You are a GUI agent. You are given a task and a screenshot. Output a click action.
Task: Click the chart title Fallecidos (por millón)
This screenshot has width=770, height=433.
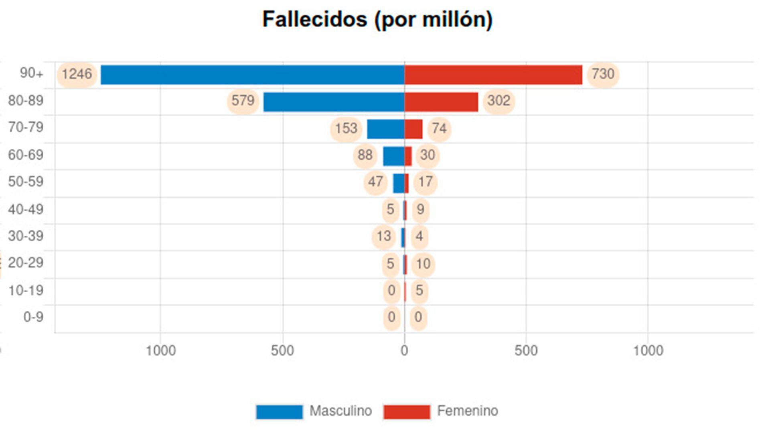pyautogui.click(x=377, y=19)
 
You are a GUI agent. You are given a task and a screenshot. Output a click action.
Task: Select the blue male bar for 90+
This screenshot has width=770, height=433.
pyautogui.click(x=253, y=75)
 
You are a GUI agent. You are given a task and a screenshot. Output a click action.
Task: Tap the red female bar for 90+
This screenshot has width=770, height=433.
pyautogui.click(x=493, y=75)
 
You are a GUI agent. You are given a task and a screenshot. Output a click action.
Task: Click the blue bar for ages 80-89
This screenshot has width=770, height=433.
pyautogui.click(x=334, y=102)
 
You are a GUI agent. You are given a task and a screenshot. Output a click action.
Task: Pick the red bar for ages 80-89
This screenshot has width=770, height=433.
pyautogui.click(x=441, y=102)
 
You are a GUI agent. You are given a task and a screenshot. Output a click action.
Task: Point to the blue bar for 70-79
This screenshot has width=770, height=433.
pyautogui.click(x=385, y=129)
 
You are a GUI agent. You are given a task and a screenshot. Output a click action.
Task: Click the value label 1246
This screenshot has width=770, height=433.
pyautogui.click(x=77, y=74)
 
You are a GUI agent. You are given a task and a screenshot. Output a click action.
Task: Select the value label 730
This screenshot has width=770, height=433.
pyautogui.click(x=603, y=74)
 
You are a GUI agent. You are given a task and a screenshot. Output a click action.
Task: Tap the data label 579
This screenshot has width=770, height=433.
pyautogui.click(x=243, y=101)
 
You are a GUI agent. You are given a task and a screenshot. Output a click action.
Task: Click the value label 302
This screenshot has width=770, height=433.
pyautogui.click(x=498, y=101)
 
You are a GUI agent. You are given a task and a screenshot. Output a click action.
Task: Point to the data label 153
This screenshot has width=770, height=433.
pyautogui.click(x=346, y=129)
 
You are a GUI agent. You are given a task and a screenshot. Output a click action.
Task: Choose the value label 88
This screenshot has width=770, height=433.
pyautogui.click(x=365, y=155)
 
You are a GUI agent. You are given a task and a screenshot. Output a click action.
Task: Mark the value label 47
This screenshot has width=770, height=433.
pyautogui.click(x=375, y=182)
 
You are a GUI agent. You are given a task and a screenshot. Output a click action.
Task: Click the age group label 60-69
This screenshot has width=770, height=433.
pyautogui.click(x=26, y=155)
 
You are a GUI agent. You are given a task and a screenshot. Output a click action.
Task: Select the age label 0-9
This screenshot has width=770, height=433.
pyautogui.click(x=33, y=317)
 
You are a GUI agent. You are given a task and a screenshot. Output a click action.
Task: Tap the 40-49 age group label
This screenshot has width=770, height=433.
pyautogui.click(x=26, y=209)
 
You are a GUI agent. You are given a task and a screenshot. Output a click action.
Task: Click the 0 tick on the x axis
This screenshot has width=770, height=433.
pyautogui.click(x=404, y=351)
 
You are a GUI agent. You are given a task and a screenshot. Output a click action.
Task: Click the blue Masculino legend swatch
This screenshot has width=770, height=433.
pyautogui.click(x=279, y=412)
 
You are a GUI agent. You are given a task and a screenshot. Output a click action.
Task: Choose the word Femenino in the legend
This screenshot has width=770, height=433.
pyautogui.click(x=467, y=411)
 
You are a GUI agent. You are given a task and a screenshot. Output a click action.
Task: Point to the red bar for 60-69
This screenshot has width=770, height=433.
pyautogui.click(x=408, y=156)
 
